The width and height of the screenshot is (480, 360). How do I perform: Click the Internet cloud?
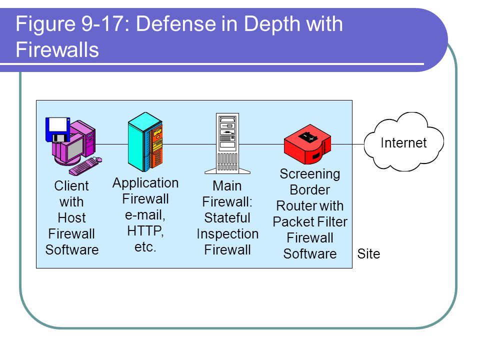coord(404,141)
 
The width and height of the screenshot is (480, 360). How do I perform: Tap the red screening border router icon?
coord(307,144)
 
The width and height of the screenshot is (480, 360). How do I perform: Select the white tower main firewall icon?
coord(227,143)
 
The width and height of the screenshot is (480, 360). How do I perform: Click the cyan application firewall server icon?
coord(145,141)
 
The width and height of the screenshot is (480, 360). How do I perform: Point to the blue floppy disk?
coord(57,129)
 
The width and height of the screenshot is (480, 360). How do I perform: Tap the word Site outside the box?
coord(368,254)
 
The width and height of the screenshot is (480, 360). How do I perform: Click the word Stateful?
coord(227,218)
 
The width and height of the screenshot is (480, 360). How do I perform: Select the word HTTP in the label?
coord(145,231)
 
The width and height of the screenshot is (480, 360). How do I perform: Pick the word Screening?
coord(310,174)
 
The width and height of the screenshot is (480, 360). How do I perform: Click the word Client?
coord(71,186)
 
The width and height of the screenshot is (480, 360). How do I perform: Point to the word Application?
coord(145,183)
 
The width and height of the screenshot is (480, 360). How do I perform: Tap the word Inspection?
coord(227,234)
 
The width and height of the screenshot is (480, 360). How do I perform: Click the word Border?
coord(310,190)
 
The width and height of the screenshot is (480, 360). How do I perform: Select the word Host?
coord(71,218)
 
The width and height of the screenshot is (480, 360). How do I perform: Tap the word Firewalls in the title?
coord(57,49)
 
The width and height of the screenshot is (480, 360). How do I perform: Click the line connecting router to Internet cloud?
coord(348,144)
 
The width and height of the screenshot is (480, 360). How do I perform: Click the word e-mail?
coord(145,215)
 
